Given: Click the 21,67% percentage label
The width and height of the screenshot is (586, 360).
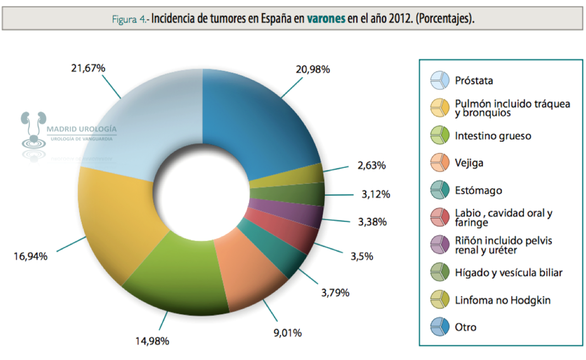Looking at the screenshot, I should [x=88, y=68].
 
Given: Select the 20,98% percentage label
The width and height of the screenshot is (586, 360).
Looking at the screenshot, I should [x=312, y=69].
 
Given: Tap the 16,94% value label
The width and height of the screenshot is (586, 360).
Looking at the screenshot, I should [x=31, y=255].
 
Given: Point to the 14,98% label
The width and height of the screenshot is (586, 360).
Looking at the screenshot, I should [x=152, y=341].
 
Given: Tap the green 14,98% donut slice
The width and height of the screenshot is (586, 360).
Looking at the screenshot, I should [x=180, y=273].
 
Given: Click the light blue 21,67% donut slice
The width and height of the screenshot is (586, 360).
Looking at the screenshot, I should [x=142, y=120].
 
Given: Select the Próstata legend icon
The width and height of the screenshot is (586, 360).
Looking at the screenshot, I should [x=439, y=80].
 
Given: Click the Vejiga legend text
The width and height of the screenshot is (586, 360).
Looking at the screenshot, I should [x=469, y=163].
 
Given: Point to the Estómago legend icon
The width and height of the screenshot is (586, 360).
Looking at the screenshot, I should [x=439, y=190].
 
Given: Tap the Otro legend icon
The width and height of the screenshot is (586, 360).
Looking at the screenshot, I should [x=439, y=327].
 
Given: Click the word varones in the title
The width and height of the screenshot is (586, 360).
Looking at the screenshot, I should [x=326, y=19].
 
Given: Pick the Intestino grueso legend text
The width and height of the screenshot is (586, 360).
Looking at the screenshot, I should [x=493, y=135].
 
